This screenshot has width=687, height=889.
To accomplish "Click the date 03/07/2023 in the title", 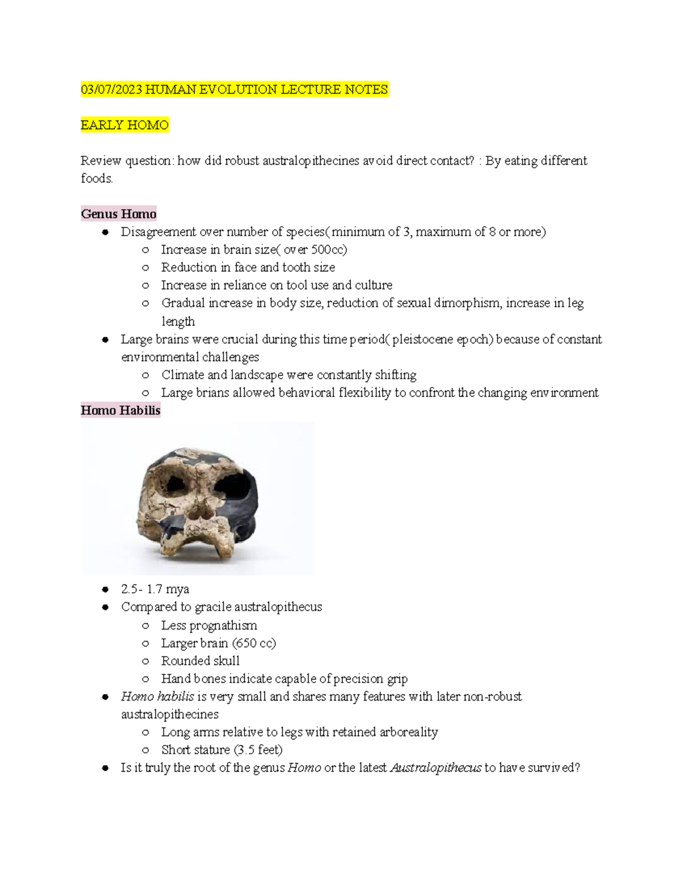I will click(112, 90).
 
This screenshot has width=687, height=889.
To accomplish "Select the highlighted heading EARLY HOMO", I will click(125, 125).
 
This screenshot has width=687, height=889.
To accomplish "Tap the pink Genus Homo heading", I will click(119, 214).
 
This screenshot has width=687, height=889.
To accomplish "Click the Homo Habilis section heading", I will click(120, 410).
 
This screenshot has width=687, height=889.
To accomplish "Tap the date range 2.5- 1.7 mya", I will click(155, 589).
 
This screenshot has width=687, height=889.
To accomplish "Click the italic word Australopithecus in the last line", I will click(435, 768).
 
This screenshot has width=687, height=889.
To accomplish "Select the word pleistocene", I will click(422, 339).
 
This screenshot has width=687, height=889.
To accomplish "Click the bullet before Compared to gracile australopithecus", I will click(105, 607).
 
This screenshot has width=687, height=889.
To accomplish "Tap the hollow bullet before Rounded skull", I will click(145, 661).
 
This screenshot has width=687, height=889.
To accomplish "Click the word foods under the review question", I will click(96, 179).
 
